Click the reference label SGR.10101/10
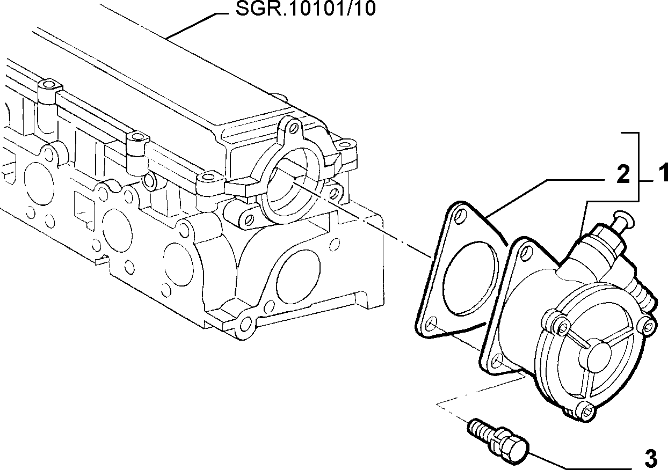[x=306, y=9]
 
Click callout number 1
[x=663, y=173]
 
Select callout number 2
[x=623, y=175]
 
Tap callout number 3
[x=651, y=459]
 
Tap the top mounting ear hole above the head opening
[x=295, y=128]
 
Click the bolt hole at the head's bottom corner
[x=246, y=324]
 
